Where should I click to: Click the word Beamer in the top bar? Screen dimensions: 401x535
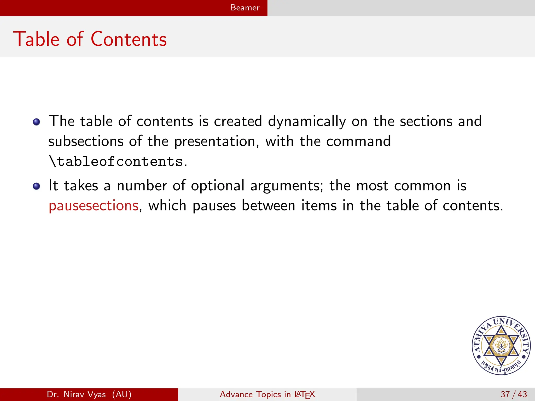click(x=245, y=8)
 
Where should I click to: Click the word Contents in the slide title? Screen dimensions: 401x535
click(x=129, y=39)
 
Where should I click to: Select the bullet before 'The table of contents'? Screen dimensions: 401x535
click(x=37, y=122)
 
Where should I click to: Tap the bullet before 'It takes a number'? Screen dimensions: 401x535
click(x=37, y=186)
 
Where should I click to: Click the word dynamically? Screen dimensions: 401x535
click(x=307, y=122)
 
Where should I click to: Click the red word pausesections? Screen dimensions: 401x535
click(x=94, y=206)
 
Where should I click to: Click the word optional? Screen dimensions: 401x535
click(x=218, y=186)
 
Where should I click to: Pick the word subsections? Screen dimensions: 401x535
click(x=86, y=141)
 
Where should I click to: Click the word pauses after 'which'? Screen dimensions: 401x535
click(x=214, y=206)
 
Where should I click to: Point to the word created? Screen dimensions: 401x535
click(x=238, y=121)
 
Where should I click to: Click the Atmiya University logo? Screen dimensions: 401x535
click(x=501, y=346)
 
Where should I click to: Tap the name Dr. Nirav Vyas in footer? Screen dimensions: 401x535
click(x=76, y=394)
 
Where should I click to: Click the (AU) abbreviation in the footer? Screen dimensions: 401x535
click(x=122, y=394)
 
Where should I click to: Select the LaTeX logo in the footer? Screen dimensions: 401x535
click(x=305, y=394)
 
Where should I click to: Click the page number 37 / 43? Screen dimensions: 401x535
click(x=514, y=394)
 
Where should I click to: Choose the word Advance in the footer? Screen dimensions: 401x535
click(x=236, y=394)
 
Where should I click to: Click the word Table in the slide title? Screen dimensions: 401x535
click(x=37, y=39)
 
